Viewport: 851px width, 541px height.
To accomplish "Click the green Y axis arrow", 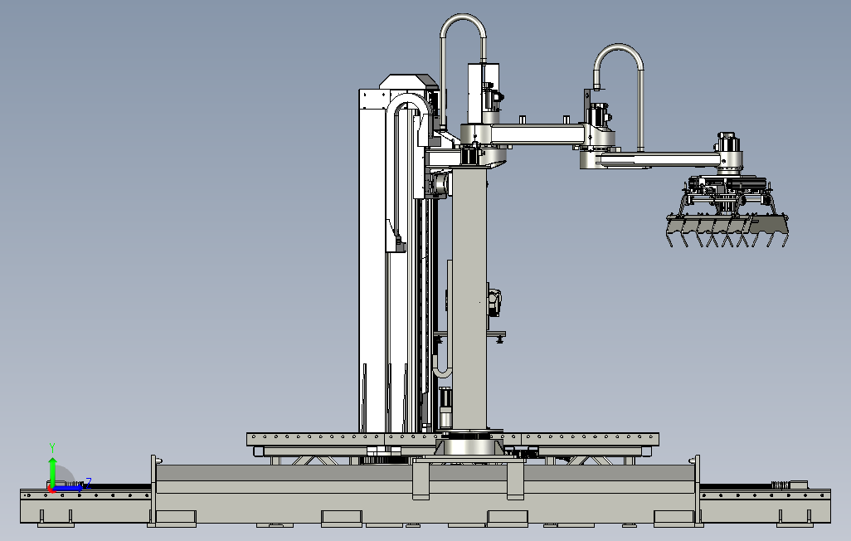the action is [52, 471].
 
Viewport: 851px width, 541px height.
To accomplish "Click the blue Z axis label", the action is [88, 482].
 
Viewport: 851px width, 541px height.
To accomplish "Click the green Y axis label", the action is [52, 447].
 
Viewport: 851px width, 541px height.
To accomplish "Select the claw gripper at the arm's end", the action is [727, 212].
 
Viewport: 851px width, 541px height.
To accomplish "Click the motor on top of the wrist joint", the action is [727, 143].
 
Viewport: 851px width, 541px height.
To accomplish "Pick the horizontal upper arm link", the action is [537, 134].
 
